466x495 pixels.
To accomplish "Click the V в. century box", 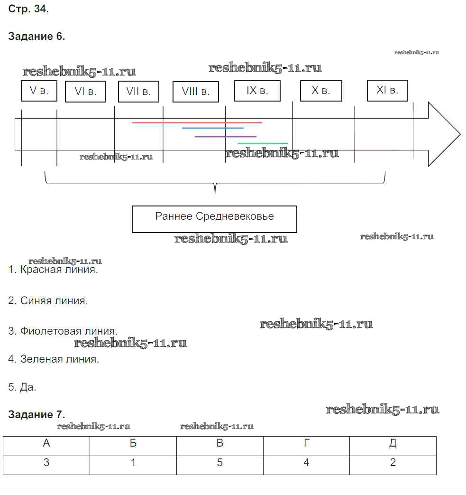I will tap(39, 91).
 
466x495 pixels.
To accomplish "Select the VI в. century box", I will tap(85, 92).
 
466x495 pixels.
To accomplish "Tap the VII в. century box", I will tap(138, 92).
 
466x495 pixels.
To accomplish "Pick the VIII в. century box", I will tap(195, 92).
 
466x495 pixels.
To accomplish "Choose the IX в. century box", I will tap(257, 91).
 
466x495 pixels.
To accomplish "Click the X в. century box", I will tap(321, 91).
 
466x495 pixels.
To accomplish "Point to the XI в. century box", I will tap(387, 90).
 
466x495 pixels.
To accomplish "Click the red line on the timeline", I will tap(197, 122).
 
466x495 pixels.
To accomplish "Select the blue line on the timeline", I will tap(212, 128).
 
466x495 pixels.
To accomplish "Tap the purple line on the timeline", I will tap(225, 137).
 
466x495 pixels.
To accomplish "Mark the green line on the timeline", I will tap(263, 143).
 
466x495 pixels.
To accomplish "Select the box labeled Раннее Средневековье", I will tap(214, 219).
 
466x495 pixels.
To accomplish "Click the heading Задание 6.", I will tap(37, 37).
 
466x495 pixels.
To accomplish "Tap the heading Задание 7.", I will tap(37, 415).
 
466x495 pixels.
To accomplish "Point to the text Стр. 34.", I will tap(28, 9).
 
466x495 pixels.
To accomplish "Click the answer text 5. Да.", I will tap(22, 387).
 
